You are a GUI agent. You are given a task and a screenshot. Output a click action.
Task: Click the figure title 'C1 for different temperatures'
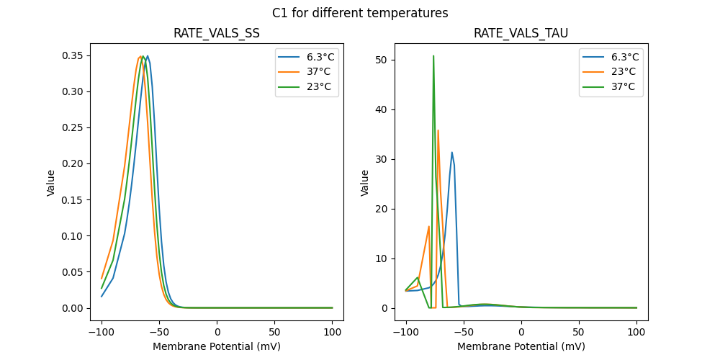click(x=360, y=13)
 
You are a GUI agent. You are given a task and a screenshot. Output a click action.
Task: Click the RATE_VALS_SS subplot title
click(x=217, y=34)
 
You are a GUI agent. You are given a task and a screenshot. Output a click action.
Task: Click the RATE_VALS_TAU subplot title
click(x=521, y=34)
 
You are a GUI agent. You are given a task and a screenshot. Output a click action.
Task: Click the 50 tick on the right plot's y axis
click(x=382, y=60)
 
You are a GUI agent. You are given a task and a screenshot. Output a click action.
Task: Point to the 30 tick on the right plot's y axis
click(x=382, y=159)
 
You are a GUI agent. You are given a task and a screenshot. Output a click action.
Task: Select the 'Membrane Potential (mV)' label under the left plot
click(x=217, y=346)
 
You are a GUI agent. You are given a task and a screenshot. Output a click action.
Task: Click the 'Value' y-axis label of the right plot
click(x=364, y=183)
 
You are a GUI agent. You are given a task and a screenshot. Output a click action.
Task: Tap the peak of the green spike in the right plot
click(x=433, y=55)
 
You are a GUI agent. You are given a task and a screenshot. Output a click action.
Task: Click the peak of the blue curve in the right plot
click(x=452, y=152)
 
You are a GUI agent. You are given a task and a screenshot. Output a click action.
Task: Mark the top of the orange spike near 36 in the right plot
click(x=438, y=130)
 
